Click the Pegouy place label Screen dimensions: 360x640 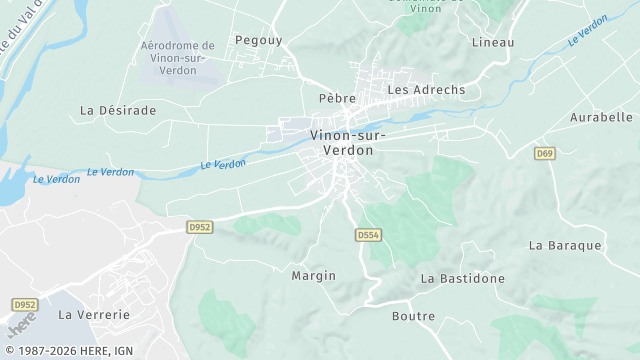point(260,40)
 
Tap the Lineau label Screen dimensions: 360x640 point(492,42)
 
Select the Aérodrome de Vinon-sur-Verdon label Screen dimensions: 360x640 point(178,58)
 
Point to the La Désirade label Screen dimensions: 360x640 point(118,110)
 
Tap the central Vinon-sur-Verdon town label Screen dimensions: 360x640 point(342,142)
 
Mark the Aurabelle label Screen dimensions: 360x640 point(602,117)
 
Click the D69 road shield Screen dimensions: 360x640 point(545,153)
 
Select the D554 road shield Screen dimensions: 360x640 point(368,234)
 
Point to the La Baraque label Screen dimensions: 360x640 point(565,245)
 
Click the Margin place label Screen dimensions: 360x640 point(313,275)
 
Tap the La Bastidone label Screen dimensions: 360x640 point(462,278)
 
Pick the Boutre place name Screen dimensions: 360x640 point(413,316)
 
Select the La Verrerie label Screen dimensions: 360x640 point(94,314)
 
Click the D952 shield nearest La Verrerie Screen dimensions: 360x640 point(25,304)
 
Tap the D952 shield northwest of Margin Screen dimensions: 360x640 point(200,227)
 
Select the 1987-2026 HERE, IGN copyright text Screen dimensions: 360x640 point(68,351)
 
